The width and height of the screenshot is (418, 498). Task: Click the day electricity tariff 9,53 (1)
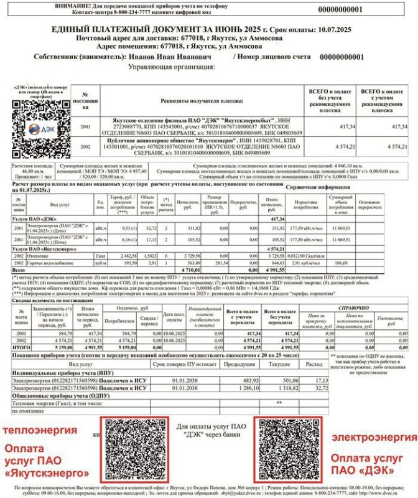point(128,228)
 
